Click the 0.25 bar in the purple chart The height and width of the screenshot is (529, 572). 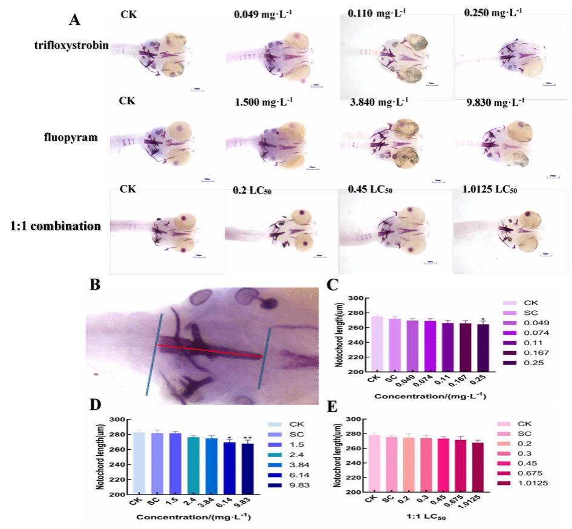[x=483, y=347]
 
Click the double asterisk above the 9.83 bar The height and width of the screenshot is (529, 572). [x=247, y=438]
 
